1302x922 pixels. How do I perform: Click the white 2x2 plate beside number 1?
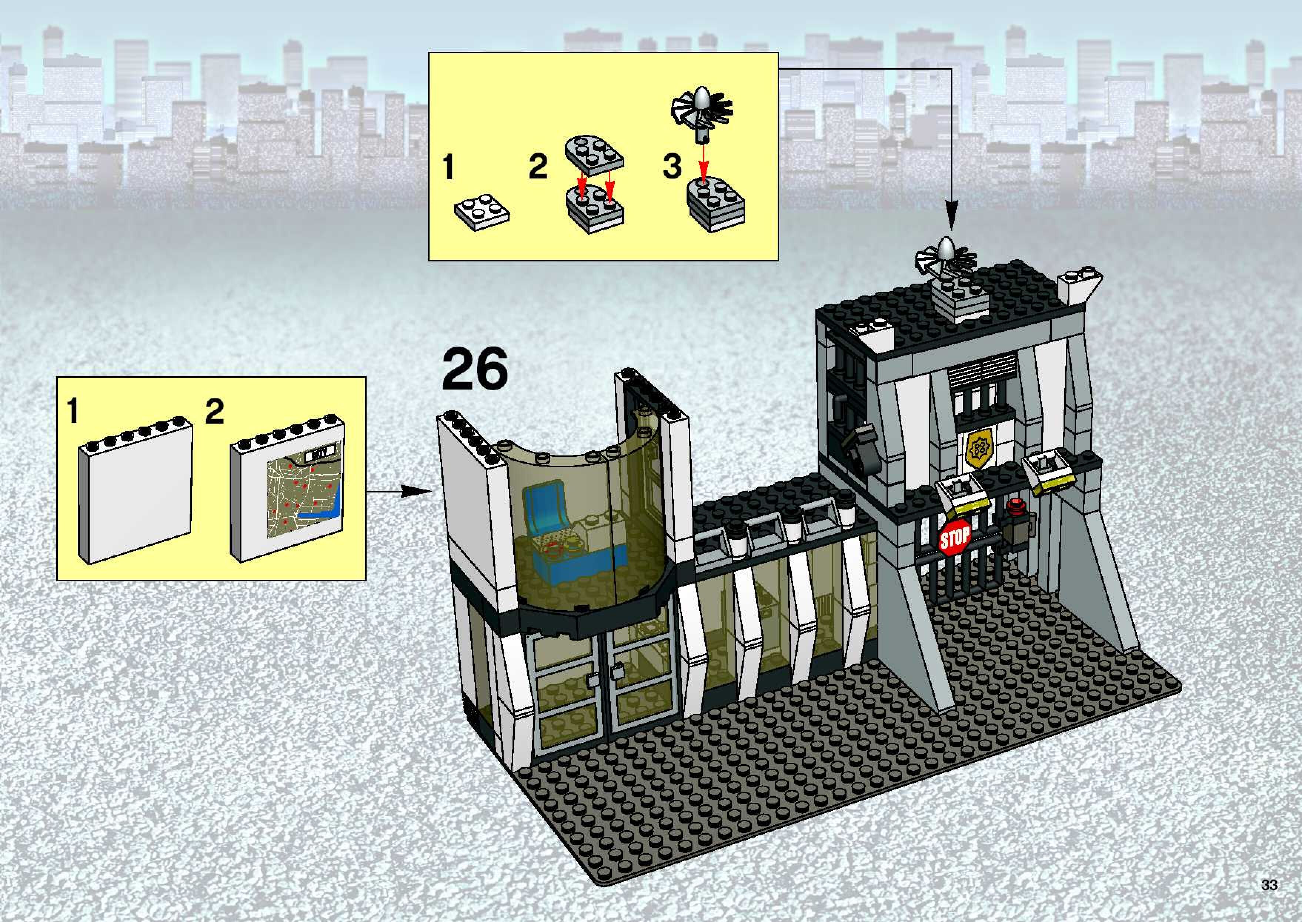[481, 214]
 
